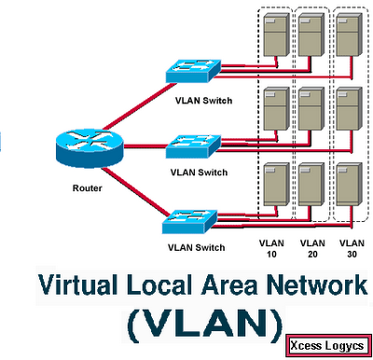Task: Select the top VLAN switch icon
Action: pos(193,74)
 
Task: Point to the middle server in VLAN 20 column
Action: pos(312,110)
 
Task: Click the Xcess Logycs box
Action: pos(327,342)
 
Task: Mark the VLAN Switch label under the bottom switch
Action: pos(196,248)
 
